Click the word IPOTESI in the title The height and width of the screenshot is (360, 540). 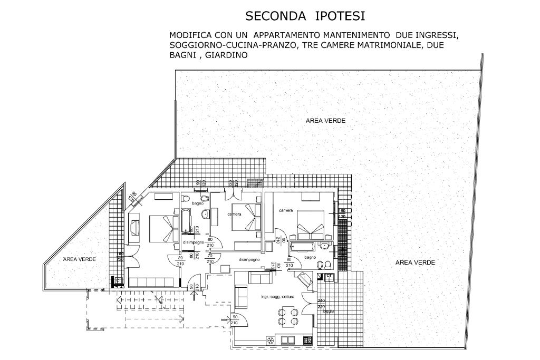[340, 16]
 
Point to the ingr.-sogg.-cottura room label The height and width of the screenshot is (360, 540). [277, 297]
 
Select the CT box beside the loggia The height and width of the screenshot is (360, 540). [329, 276]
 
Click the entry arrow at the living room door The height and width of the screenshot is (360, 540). [227, 319]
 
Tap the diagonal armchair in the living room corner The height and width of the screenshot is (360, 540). [305, 280]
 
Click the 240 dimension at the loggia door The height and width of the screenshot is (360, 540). [321, 300]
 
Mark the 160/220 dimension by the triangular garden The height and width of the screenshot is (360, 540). [120, 256]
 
